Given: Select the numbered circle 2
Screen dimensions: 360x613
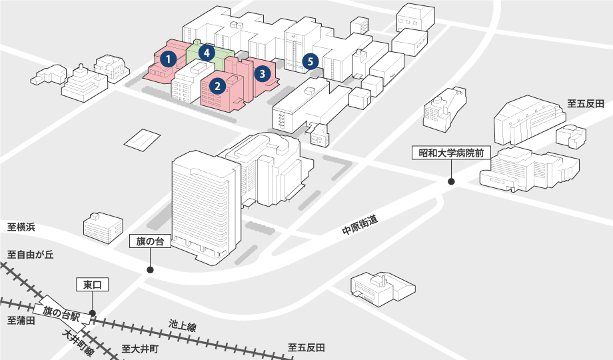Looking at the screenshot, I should click(x=217, y=85).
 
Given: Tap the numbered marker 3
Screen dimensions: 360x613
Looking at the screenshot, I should click(x=263, y=73).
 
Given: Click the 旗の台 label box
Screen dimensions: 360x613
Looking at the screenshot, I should click(x=150, y=241).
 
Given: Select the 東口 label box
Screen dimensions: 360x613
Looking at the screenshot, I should click(x=92, y=285).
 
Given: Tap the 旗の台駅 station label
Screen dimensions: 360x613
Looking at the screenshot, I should click(x=61, y=312).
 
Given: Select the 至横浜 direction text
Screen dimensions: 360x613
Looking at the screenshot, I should click(x=21, y=227).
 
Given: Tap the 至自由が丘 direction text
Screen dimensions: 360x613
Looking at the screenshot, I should click(x=30, y=255).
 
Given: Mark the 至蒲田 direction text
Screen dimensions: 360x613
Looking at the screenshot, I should click(x=21, y=321).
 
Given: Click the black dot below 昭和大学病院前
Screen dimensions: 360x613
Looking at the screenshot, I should click(x=451, y=181).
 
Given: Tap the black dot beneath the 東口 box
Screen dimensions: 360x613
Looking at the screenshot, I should click(x=93, y=313).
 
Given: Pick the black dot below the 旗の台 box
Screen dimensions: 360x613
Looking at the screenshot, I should click(x=150, y=270).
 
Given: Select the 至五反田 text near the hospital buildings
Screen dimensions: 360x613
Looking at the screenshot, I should click(x=585, y=104).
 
